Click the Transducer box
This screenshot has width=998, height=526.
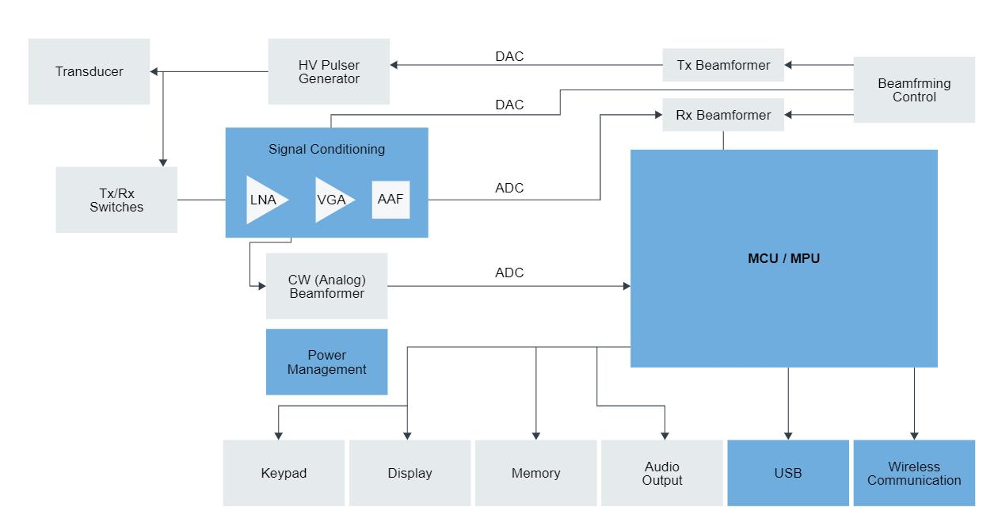coord(89,71)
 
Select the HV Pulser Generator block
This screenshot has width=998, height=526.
coord(329,71)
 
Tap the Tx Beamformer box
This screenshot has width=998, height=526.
coord(723,65)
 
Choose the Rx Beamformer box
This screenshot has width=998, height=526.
coord(723,115)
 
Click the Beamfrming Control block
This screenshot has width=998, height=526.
coord(914,90)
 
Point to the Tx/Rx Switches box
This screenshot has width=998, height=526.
coord(116,200)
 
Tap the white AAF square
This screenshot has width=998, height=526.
coord(390,200)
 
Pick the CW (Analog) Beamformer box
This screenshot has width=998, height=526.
coord(326,286)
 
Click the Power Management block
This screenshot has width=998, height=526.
coord(326,362)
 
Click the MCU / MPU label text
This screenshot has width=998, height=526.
coord(783,258)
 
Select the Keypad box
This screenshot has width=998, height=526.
coord(284,473)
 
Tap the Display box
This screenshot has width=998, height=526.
coord(409,473)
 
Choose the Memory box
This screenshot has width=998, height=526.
coord(535,473)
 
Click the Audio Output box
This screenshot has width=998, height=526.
coord(662,473)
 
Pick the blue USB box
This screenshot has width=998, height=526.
coord(788,473)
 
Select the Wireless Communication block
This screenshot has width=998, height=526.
coord(914,473)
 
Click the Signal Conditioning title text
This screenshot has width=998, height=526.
coord(326,149)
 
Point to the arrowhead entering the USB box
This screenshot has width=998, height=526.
coord(788,435)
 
